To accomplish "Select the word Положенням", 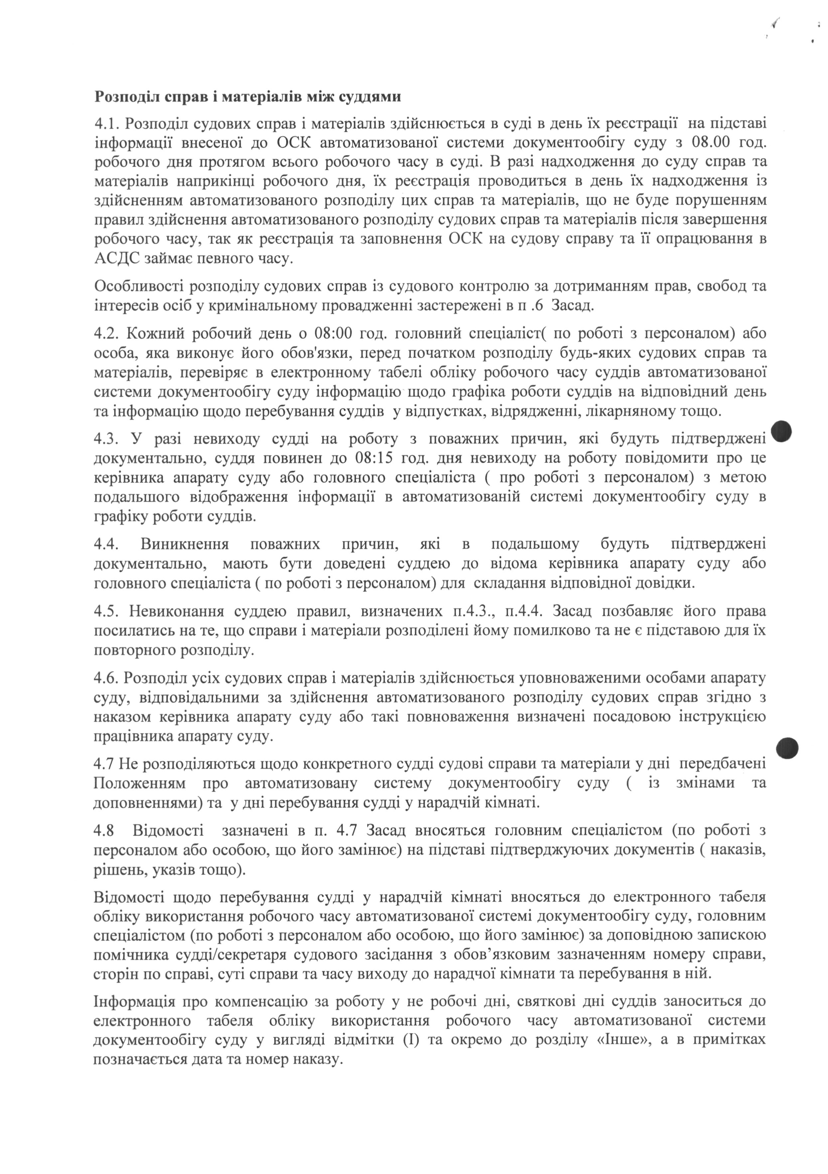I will point(140,783).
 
